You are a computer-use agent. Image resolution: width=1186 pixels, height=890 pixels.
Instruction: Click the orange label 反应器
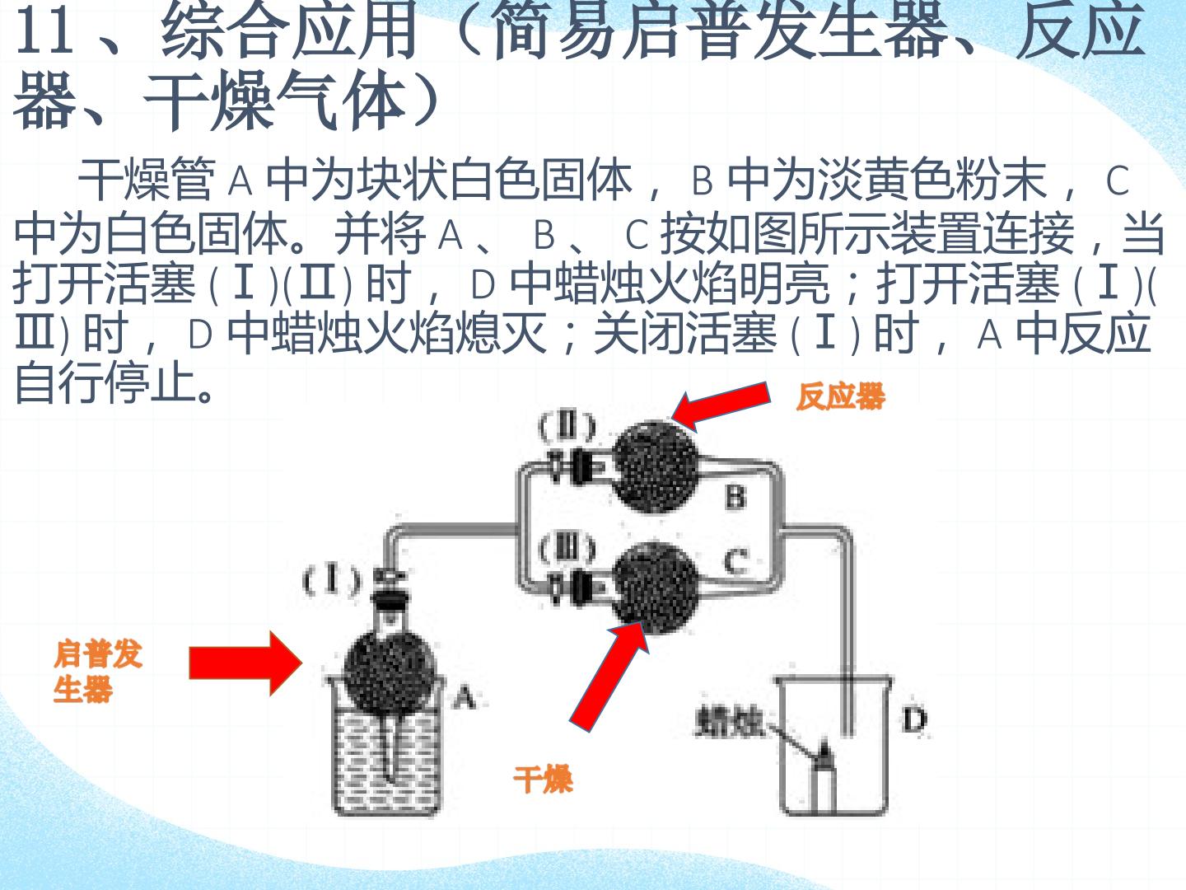coord(841,396)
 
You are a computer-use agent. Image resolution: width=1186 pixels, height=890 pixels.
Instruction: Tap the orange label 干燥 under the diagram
coord(543,779)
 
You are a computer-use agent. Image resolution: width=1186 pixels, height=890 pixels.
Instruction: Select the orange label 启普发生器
coord(98,672)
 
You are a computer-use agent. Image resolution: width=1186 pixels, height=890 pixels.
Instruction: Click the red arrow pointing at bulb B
coord(721,405)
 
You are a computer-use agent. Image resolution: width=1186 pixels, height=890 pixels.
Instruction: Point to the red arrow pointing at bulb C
coord(609,677)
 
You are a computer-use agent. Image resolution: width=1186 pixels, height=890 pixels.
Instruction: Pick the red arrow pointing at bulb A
coord(245,663)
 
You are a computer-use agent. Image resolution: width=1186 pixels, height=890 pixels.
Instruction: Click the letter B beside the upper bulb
coord(735,497)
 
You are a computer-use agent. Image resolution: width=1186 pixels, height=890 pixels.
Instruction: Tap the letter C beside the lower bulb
coord(736,561)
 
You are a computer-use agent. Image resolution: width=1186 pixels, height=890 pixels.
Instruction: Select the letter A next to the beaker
coord(465,697)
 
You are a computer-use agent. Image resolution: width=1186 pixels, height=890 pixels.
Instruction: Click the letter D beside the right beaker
coord(914,719)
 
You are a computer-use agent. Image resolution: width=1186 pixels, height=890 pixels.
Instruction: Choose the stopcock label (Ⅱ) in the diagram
coord(567,427)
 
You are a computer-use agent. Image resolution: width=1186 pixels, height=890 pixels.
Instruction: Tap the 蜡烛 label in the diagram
coord(730,722)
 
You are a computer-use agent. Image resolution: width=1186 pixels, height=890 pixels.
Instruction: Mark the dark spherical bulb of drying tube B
coord(656,467)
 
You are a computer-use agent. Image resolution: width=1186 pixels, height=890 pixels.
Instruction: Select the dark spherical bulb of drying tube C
coord(656,588)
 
